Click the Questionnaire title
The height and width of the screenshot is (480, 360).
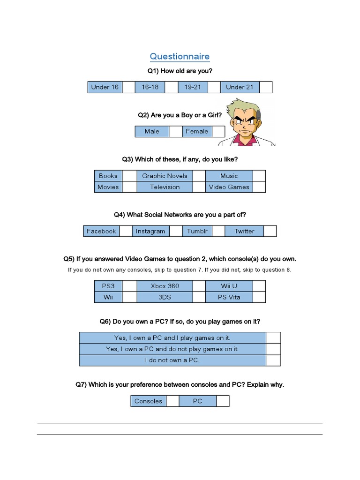pos(180,57)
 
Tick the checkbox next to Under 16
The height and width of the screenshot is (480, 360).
pos(128,87)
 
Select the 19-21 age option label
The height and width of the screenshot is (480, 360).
pos(193,87)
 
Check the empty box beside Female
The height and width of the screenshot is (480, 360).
pos(218,131)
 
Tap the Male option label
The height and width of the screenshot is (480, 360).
pos(152,131)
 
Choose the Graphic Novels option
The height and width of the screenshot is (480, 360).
pos(165,176)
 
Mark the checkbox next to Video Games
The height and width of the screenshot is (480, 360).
pos(259,187)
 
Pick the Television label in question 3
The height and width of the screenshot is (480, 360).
pos(165,187)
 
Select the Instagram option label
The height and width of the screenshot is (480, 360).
pos(150,231)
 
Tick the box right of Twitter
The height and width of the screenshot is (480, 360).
pos(270,231)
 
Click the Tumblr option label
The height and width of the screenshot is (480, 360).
pos(197,231)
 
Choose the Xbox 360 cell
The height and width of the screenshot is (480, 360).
pos(165,286)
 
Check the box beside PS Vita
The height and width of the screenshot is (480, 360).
pos(259,297)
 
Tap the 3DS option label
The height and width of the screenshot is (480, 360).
pos(165,297)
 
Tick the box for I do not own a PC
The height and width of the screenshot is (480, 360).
pos(273,360)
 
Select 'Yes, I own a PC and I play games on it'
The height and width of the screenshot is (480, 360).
pos(172,337)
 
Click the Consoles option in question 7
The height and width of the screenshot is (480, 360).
pos(148,401)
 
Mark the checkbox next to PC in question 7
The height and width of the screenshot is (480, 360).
pos(223,401)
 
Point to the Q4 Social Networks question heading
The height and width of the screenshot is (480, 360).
pos(180,215)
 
